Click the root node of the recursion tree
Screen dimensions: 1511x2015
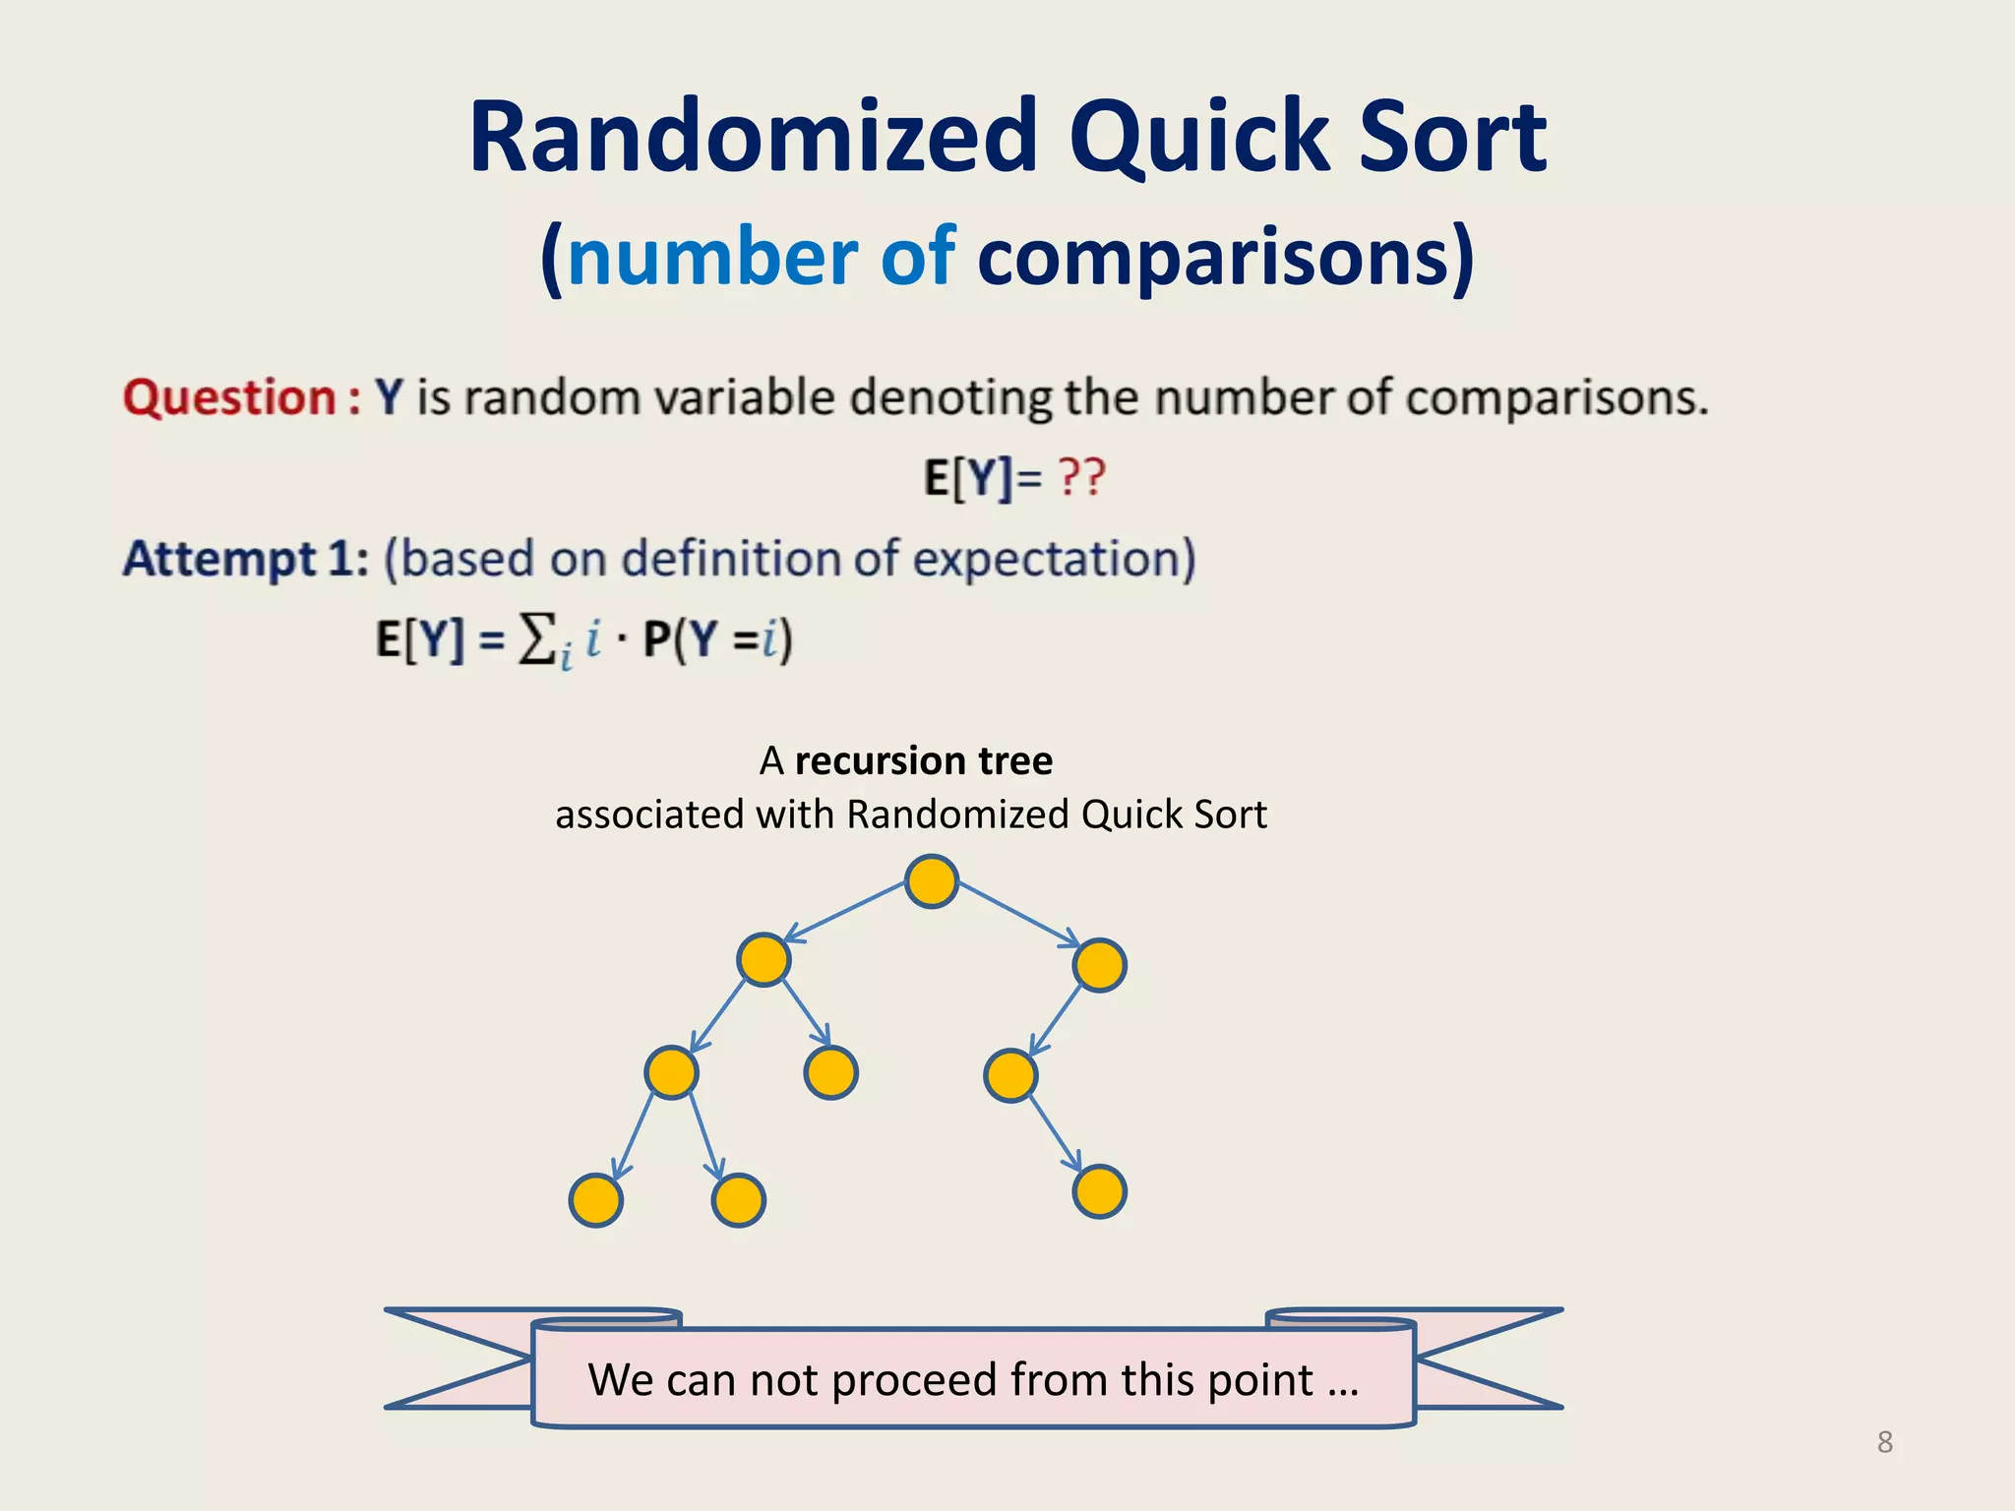[931, 880]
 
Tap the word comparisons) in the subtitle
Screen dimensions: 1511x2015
[1226, 258]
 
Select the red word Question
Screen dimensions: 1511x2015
[230, 397]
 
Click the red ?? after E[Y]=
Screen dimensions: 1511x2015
[1081, 478]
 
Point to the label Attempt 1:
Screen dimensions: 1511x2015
[245, 559]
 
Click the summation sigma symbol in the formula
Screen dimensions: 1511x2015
[537, 639]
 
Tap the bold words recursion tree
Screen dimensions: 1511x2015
[923, 760]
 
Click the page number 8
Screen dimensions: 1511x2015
[1884, 1442]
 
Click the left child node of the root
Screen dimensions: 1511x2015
[763, 960]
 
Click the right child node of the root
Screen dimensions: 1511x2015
[1099, 964]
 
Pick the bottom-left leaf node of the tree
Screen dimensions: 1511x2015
[596, 1200]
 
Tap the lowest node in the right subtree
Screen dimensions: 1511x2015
[1099, 1191]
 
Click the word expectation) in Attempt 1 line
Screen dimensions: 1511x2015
[1054, 559]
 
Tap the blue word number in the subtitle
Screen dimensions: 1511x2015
[712, 258]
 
